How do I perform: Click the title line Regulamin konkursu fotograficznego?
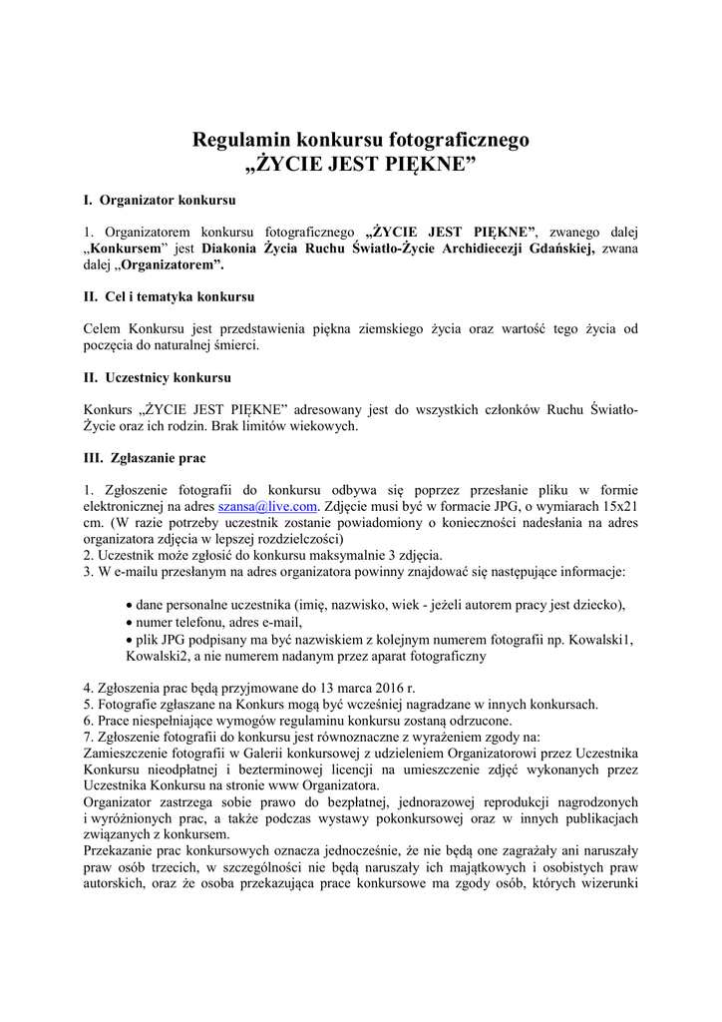pos(360,140)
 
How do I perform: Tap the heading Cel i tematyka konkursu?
pos(180,296)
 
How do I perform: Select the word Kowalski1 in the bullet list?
pos(599,639)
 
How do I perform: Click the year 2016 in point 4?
pos(374,688)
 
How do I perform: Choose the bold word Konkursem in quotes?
pos(124,249)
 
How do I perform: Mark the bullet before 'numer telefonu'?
pos(130,622)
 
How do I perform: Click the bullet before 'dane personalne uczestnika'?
pos(130,605)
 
